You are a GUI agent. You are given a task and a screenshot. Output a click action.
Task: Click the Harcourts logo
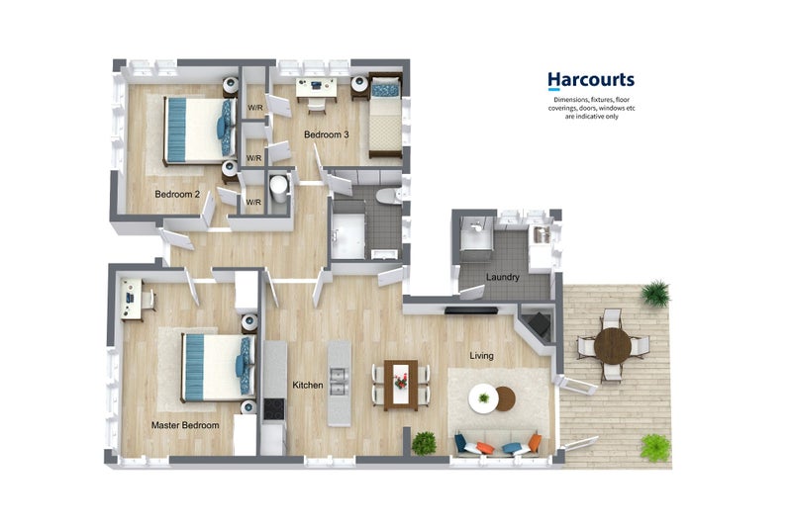point(591,81)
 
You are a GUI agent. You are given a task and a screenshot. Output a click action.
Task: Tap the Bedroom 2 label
point(177,195)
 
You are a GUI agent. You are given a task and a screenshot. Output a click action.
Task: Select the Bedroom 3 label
point(326,134)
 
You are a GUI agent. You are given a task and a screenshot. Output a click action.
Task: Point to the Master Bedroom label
point(184,425)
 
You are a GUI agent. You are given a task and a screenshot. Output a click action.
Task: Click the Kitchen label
point(308,384)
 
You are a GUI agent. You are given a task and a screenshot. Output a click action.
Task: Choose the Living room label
point(481,356)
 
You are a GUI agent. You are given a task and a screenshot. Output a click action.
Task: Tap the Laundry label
point(503,277)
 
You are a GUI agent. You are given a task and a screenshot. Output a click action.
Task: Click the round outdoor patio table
point(613,345)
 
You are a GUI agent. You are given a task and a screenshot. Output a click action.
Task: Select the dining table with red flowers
point(400,383)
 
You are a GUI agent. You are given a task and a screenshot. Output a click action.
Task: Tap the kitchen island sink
point(340,376)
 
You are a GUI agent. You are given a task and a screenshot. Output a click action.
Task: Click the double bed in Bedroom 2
point(196,129)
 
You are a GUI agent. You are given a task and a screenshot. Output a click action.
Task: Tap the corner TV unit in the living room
point(538,324)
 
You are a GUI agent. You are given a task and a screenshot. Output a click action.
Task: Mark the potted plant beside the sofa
point(424,442)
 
